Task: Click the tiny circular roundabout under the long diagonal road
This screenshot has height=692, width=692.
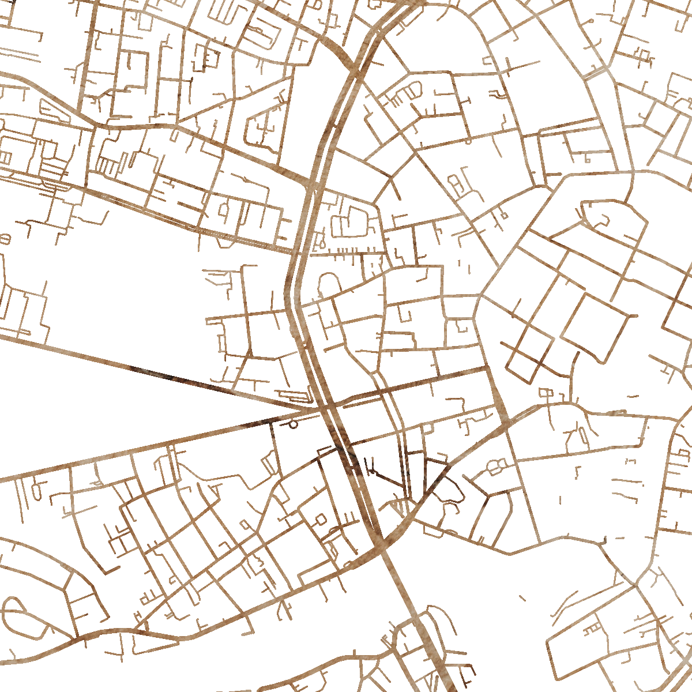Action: point(293,425)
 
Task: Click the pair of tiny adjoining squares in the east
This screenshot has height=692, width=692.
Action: point(546,393)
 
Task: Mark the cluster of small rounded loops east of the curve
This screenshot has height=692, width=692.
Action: point(496,466)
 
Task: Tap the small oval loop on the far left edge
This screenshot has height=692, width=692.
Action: point(6,238)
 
